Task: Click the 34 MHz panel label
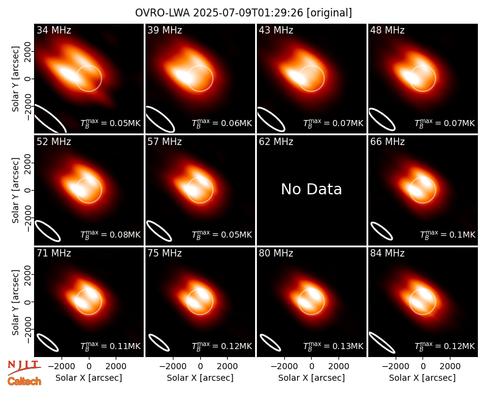[54, 30]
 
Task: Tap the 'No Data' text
[311, 189]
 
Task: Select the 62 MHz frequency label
[276, 142]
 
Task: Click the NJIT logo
[24, 367]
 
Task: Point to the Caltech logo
[24, 381]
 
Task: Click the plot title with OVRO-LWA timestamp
[243, 13]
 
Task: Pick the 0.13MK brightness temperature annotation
[333, 346]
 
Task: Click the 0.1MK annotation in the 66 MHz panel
[447, 235]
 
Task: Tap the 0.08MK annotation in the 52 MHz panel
[110, 235]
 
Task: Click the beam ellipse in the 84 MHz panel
[382, 343]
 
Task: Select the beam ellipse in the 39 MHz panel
[160, 118]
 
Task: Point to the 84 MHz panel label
[387, 253]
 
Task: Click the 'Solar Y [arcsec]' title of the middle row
[15, 190]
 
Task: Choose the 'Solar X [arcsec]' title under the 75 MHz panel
[200, 378]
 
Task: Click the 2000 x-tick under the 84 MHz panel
[450, 366]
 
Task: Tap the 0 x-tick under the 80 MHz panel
[312, 366]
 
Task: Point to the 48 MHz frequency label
[387, 30]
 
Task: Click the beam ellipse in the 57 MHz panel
[159, 231]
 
